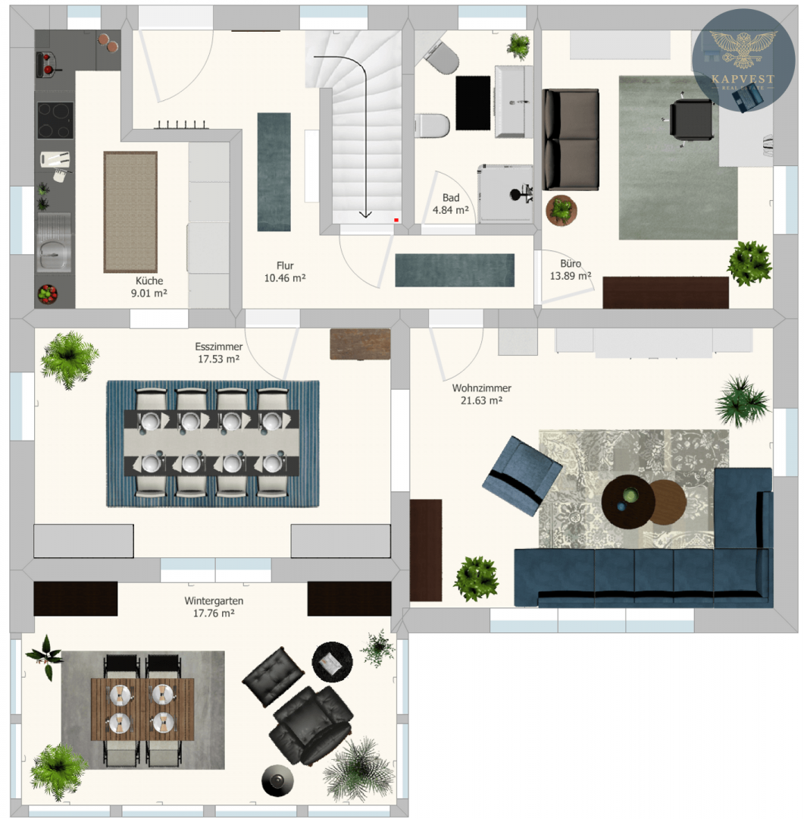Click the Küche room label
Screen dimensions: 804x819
149,287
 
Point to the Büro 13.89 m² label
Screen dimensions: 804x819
570,269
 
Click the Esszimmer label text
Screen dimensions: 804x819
219,347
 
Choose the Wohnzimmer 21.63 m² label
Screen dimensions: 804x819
481,394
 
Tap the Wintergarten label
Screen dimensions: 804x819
214,601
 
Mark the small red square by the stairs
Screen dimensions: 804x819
396,220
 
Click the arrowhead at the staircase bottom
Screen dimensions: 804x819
365,214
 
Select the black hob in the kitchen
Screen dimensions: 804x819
55,121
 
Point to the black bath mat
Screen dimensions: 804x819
473,103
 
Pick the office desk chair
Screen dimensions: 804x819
690,121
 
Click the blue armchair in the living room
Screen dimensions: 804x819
521,475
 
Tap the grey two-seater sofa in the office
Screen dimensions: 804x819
570,140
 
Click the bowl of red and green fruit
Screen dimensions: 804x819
47,294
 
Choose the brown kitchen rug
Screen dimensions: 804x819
130,212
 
